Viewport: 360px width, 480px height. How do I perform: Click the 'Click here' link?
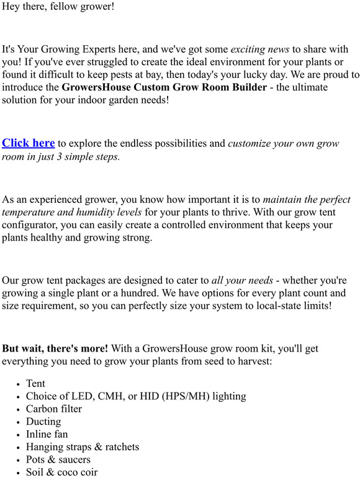click(x=29, y=143)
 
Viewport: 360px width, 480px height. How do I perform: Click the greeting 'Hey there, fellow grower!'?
click(x=58, y=8)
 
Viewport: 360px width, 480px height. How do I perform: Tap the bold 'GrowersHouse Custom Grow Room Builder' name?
click(x=164, y=87)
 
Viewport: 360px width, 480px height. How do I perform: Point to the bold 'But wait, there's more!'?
click(x=55, y=349)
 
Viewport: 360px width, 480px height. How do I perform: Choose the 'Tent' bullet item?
click(x=36, y=384)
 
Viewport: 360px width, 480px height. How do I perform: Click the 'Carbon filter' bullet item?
click(x=54, y=409)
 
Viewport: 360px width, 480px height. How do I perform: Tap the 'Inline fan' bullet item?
click(x=47, y=434)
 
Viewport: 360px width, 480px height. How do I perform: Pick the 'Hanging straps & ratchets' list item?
click(x=83, y=447)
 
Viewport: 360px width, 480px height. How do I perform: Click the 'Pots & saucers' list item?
click(x=58, y=460)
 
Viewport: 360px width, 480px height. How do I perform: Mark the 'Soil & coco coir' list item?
click(x=62, y=473)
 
